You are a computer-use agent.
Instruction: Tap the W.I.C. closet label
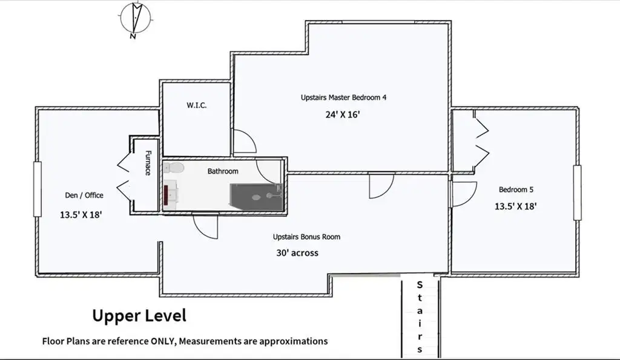(x=197, y=105)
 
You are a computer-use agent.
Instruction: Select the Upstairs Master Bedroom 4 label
(x=343, y=97)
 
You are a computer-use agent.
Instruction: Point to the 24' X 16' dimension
(x=343, y=114)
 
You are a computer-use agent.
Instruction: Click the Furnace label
(x=148, y=162)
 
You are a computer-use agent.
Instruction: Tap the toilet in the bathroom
(x=174, y=168)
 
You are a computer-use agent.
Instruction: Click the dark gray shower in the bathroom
(x=256, y=197)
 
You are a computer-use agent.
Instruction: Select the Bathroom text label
(x=223, y=171)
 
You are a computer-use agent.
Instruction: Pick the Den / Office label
(x=84, y=195)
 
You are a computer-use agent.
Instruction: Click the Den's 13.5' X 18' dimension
(x=81, y=215)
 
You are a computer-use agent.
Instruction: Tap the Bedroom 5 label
(x=516, y=190)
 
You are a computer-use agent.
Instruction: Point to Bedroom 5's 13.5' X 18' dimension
(x=516, y=206)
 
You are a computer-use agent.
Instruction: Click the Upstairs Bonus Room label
(x=306, y=237)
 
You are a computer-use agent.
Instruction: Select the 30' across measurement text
(x=297, y=253)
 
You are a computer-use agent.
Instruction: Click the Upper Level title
(x=139, y=315)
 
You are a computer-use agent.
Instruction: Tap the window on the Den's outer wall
(x=38, y=189)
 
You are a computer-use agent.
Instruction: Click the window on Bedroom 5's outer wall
(x=577, y=192)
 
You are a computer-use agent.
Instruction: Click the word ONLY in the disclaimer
(x=163, y=341)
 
